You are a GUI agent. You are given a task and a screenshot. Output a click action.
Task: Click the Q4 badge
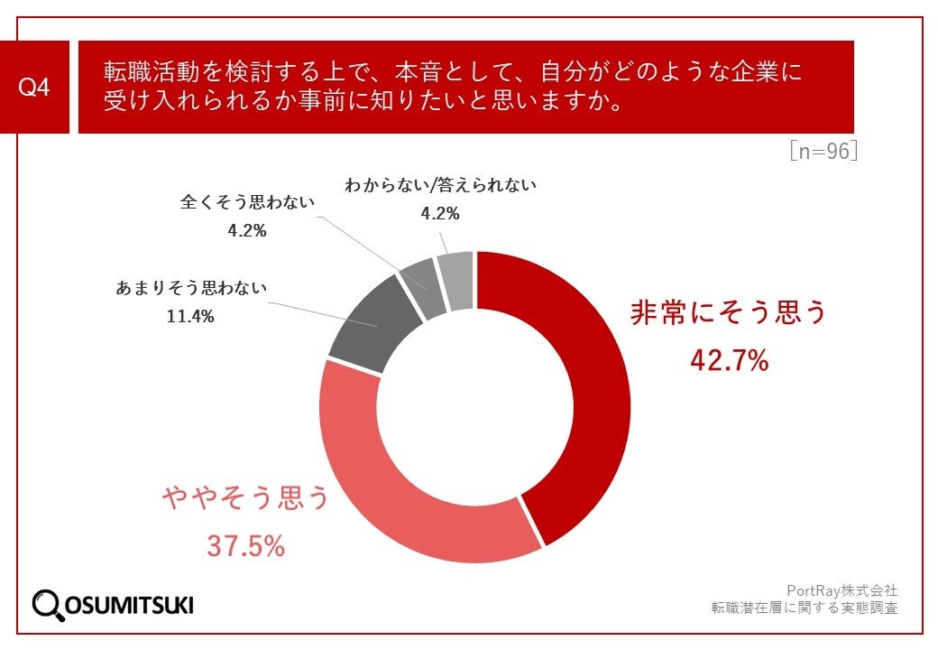click(x=35, y=88)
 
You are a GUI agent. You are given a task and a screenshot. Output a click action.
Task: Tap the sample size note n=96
click(x=823, y=151)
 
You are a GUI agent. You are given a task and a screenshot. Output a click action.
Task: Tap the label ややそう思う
click(x=246, y=497)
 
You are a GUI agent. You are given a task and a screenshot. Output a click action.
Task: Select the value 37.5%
click(x=246, y=546)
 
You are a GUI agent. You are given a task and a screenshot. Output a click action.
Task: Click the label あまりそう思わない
click(x=191, y=290)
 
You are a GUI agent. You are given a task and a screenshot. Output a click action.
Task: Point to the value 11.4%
click(x=191, y=317)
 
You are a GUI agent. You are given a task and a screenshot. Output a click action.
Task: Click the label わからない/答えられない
click(x=441, y=186)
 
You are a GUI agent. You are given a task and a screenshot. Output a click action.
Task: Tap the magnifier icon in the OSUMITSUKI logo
click(x=48, y=604)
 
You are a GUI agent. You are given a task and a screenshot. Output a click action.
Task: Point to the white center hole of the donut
click(x=475, y=407)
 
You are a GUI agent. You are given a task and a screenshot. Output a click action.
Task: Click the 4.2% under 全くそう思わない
click(x=247, y=230)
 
